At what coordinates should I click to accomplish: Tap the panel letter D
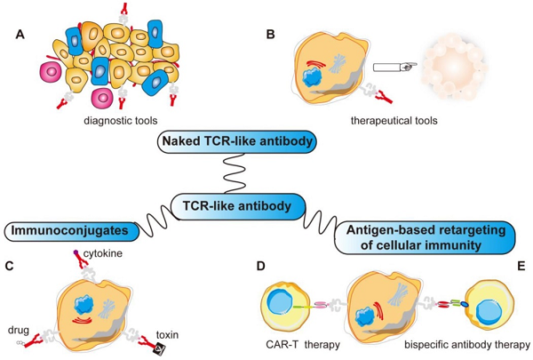point(260,264)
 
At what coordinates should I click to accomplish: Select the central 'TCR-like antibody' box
point(239,206)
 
